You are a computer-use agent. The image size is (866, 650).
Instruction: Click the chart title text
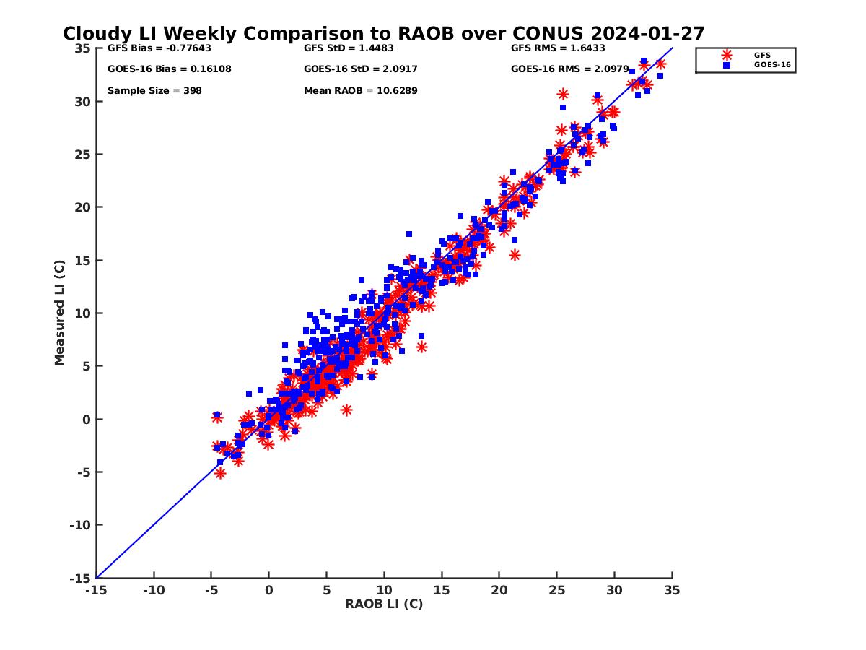click(383, 33)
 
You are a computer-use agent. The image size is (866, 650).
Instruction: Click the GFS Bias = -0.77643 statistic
click(159, 48)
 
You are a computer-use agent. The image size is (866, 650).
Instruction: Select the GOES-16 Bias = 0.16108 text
click(169, 69)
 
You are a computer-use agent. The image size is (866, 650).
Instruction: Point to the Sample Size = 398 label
click(154, 91)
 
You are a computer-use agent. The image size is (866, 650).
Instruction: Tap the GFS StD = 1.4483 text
click(349, 48)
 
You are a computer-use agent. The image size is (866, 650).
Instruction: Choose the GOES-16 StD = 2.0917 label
click(360, 69)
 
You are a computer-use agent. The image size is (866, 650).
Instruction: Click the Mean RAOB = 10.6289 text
click(360, 91)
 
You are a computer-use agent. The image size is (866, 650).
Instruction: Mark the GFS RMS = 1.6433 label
click(558, 48)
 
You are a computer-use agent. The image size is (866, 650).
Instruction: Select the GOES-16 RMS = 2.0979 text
click(569, 69)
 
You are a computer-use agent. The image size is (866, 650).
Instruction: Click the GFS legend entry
click(762, 55)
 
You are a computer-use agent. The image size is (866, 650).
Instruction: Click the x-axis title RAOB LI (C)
click(384, 604)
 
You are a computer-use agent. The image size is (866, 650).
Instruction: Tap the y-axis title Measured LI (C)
click(60, 313)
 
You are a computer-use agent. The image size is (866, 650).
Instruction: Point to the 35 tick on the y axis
click(82, 48)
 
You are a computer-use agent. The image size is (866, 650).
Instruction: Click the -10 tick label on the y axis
click(79, 525)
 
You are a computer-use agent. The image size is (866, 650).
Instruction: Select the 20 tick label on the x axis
click(499, 590)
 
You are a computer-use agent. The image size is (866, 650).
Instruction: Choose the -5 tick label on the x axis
click(211, 590)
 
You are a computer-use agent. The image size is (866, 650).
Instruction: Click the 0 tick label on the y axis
click(87, 419)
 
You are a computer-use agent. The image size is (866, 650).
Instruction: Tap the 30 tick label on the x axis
click(615, 590)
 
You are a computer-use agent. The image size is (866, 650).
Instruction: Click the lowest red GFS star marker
click(220, 473)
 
